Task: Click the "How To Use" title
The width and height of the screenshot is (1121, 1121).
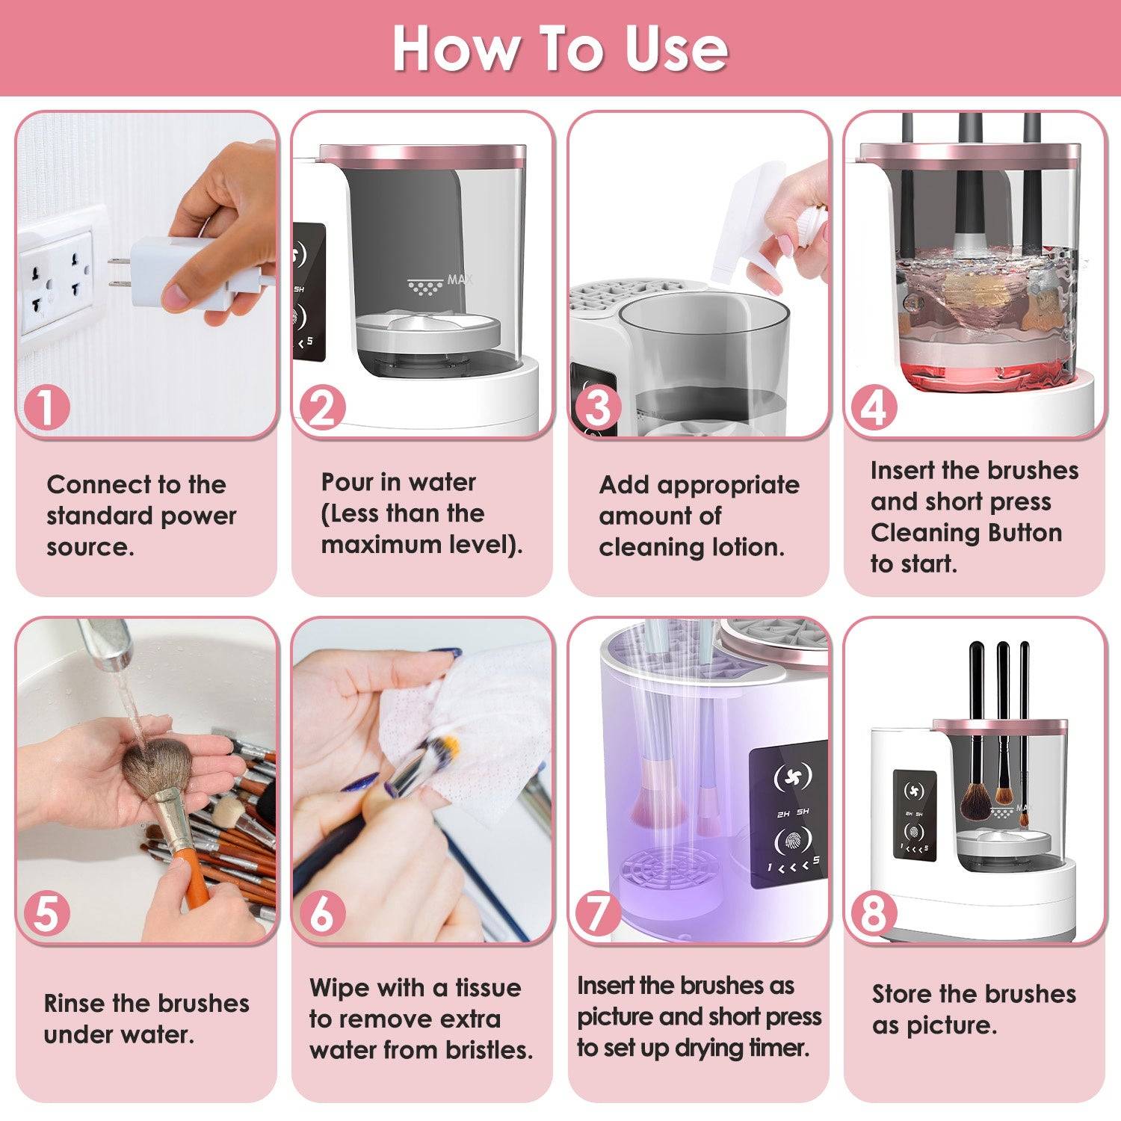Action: coord(560,49)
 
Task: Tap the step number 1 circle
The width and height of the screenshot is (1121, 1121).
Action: coord(46,408)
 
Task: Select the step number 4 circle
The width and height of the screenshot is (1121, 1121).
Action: coord(873,408)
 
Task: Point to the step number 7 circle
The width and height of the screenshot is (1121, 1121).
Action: coord(598,912)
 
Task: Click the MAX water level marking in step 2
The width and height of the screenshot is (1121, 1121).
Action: coord(441,282)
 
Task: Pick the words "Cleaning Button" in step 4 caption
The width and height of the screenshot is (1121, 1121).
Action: coord(966,533)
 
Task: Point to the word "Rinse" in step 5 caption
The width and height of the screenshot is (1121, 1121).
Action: coord(75,1003)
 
